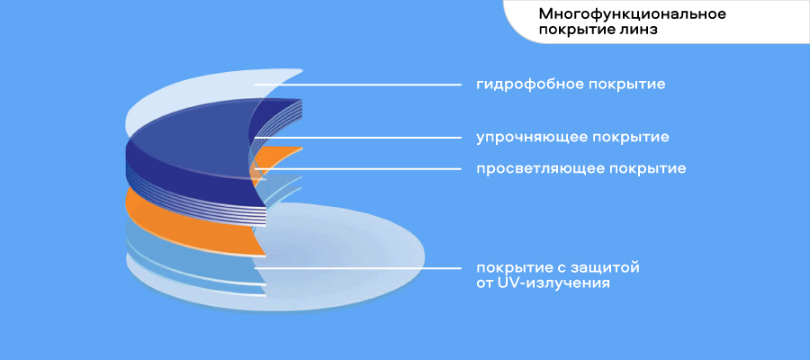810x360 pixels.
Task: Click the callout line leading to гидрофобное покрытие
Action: click(360, 85)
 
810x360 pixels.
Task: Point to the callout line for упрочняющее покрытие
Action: click(360, 138)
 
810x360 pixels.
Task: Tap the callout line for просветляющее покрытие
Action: click(360, 168)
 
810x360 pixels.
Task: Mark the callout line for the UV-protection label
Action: click(360, 267)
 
